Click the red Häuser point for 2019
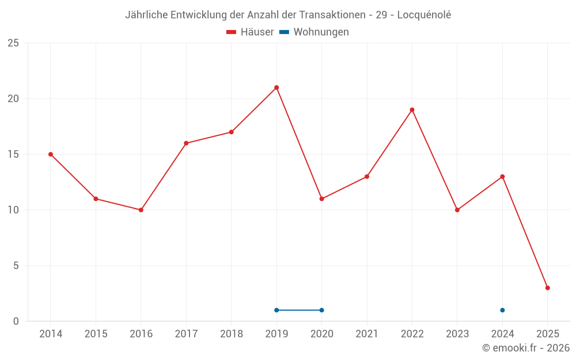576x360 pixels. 276,88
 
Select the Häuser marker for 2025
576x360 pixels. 547,288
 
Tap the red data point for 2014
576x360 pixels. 51,154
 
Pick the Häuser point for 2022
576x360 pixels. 412,110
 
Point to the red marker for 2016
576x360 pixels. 141,210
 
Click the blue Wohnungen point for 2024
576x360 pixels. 502,310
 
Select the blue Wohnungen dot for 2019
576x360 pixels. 276,310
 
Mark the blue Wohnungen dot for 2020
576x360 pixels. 321,310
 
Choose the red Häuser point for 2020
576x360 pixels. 321,199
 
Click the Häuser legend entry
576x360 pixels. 250,32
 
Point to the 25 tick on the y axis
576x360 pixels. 13,43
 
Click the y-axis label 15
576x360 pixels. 13,154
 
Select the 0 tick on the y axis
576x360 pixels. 16,321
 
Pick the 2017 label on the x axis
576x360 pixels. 186,334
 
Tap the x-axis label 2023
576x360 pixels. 457,334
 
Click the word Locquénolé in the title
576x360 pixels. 424,15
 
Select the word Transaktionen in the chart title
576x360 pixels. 332,15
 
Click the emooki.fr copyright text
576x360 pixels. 526,348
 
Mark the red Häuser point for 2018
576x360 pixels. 231,132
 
